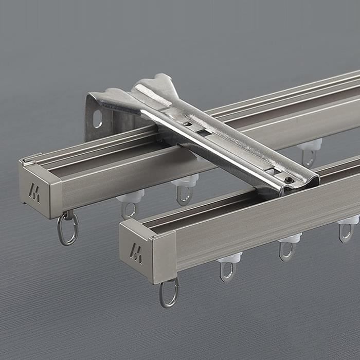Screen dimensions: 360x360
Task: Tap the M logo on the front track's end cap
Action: (x=136, y=254)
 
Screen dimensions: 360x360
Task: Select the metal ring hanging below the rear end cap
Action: (x=67, y=228)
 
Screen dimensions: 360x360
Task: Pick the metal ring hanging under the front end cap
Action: (x=169, y=293)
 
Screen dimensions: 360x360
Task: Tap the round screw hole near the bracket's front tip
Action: (x=290, y=179)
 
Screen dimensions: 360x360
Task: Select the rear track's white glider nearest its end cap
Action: (x=130, y=196)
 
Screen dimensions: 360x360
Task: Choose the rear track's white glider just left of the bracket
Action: (x=185, y=181)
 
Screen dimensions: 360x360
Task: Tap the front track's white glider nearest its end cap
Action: (x=229, y=258)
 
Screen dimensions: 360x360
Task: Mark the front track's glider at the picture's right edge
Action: (x=348, y=221)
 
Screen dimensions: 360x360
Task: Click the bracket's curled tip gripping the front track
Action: (x=303, y=180)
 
